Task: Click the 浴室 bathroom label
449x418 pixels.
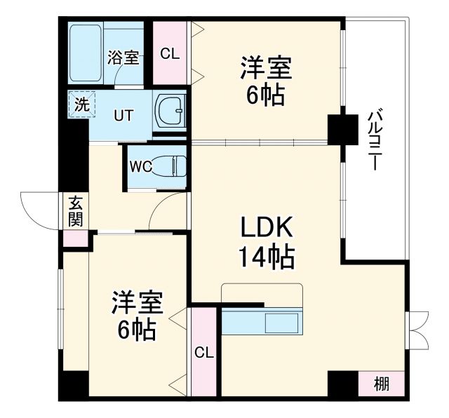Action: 123,58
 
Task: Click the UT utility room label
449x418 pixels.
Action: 123,114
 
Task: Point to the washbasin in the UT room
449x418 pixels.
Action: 169,111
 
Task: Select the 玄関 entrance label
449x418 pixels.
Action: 75,210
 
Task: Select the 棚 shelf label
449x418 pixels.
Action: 381,384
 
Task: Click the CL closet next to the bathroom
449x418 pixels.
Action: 170,54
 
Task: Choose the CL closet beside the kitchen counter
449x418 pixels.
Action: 203,351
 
